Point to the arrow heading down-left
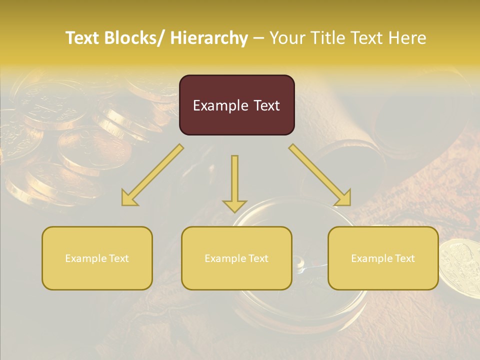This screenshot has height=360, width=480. (153, 175)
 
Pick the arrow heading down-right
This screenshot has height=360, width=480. (320, 175)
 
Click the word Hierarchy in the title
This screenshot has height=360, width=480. (209, 38)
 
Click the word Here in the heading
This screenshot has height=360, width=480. (407, 38)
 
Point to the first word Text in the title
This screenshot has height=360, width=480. (83, 38)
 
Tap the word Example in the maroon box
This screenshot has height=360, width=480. (220, 105)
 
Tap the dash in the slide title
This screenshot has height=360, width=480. (258, 38)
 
